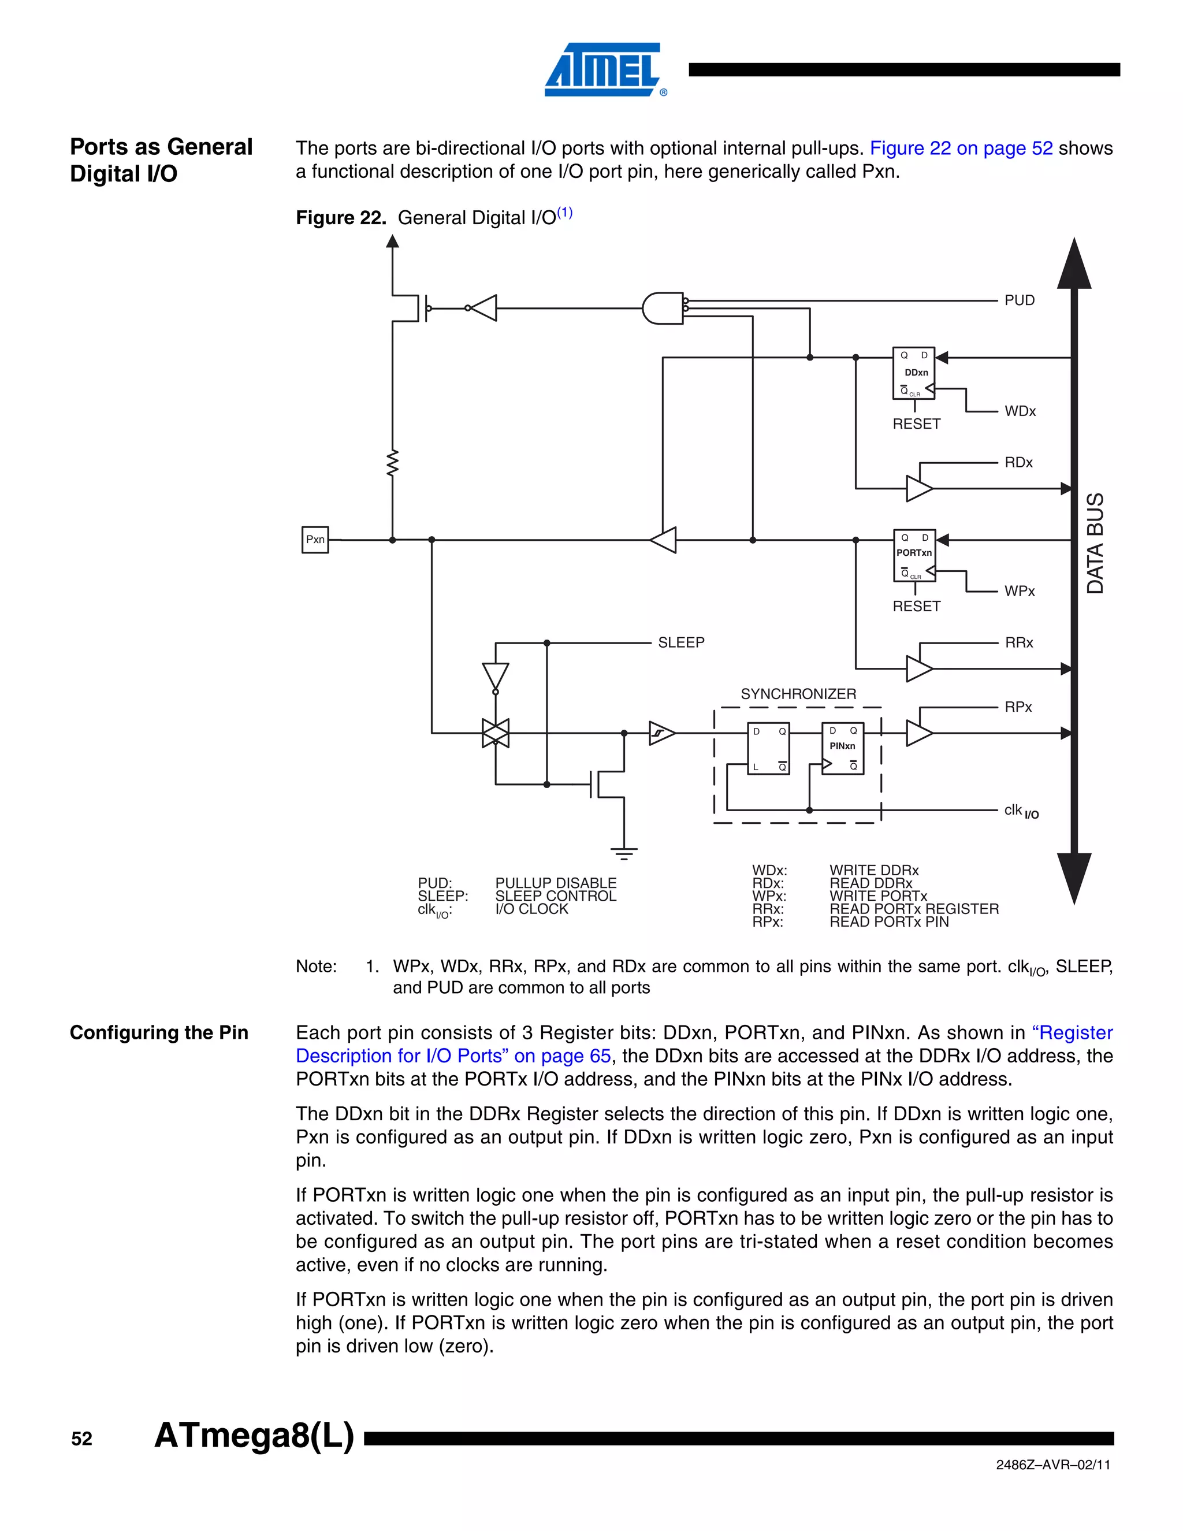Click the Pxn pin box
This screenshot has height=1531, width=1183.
click(315, 540)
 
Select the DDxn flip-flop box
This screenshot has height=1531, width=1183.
click(913, 373)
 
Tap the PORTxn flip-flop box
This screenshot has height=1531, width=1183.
click(914, 555)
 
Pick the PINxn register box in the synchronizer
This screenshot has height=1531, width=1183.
click(842, 748)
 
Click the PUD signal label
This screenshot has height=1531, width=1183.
click(1019, 300)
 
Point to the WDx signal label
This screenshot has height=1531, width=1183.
click(1020, 411)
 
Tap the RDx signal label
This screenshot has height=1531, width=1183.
click(1018, 463)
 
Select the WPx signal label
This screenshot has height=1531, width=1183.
click(1019, 592)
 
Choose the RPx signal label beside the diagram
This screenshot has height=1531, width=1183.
click(1018, 707)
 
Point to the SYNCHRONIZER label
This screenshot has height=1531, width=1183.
click(798, 694)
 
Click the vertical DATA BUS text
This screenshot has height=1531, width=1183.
click(1095, 543)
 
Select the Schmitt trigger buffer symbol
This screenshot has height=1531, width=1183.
click(661, 733)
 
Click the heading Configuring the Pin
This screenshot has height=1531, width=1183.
click(159, 1032)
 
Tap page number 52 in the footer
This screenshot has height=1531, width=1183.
click(81, 1439)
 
